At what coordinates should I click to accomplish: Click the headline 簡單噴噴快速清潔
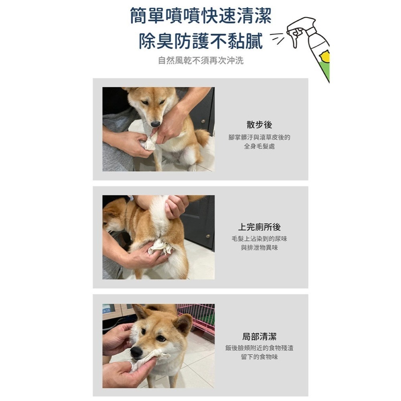[x=200, y=16]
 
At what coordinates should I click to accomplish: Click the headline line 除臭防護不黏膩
[x=200, y=41]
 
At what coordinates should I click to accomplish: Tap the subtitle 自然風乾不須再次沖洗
[x=200, y=61]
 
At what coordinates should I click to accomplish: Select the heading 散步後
[x=259, y=125]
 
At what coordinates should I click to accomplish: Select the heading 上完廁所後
[x=259, y=227]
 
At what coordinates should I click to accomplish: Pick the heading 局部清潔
[x=259, y=337]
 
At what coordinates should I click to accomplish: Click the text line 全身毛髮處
[x=259, y=147]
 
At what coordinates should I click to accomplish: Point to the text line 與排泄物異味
[x=259, y=248]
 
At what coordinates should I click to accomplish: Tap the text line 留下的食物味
[x=259, y=357]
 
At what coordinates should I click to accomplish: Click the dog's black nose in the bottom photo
[x=136, y=352]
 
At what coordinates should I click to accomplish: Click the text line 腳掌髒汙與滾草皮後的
[x=259, y=138]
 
